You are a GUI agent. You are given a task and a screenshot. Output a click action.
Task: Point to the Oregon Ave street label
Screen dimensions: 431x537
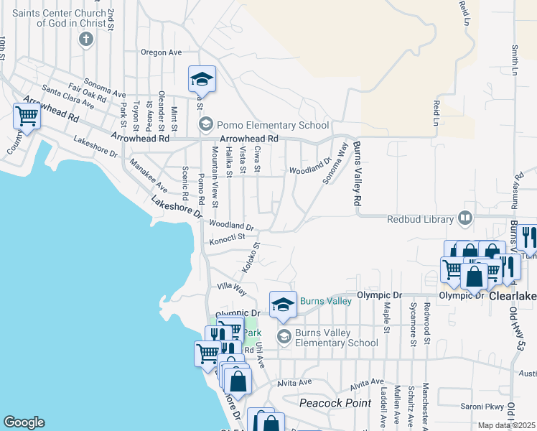[x=161, y=52]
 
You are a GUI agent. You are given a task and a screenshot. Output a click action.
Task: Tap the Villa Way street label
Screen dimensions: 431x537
[x=232, y=288]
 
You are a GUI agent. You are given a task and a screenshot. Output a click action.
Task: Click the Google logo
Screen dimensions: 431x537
[x=24, y=422]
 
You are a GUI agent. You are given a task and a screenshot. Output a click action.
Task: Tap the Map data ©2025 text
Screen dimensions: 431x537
[x=507, y=425]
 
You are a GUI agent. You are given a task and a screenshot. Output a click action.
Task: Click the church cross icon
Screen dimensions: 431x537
[x=86, y=38]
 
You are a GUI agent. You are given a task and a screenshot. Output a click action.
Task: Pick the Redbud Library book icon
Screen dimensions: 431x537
[x=465, y=218]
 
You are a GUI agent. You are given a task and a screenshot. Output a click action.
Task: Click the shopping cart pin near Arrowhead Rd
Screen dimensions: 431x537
[x=27, y=115]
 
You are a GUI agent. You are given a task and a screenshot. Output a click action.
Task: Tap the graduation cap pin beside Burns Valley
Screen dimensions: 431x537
[x=283, y=305]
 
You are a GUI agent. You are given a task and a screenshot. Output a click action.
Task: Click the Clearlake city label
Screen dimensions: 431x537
[x=513, y=294]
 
